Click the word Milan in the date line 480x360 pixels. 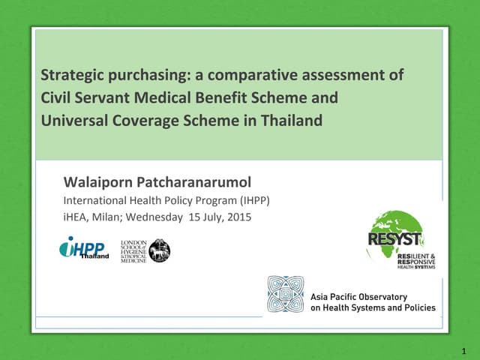[x=109, y=217]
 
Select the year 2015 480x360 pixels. [x=238, y=217]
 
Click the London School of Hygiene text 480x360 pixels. [x=133, y=251]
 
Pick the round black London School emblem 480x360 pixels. [x=159, y=250]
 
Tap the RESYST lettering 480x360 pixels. [x=394, y=240]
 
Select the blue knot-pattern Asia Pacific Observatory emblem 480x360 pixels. [x=286, y=294]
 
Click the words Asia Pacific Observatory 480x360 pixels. [x=358, y=296]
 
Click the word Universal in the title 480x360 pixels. [x=73, y=120]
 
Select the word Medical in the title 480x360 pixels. [x=162, y=97]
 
